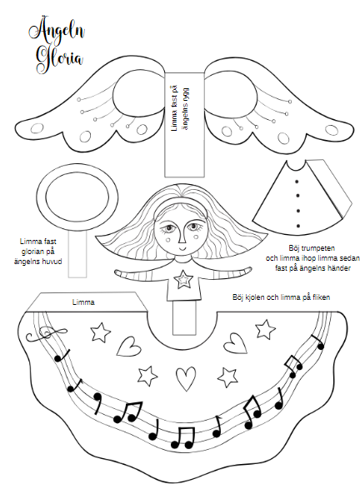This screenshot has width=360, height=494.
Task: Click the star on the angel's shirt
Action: pyautogui.click(x=184, y=279)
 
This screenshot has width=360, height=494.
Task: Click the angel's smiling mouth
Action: pyautogui.click(x=182, y=248)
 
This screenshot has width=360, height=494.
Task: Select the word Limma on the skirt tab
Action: pyautogui.click(x=83, y=302)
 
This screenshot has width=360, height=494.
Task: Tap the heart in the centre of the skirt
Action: pyautogui.click(x=185, y=378)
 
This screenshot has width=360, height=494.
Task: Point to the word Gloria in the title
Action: pyautogui.click(x=60, y=59)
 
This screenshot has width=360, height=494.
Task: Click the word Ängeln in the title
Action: pyautogui.click(x=57, y=32)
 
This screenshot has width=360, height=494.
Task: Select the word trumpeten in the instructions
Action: pyautogui.click(x=317, y=248)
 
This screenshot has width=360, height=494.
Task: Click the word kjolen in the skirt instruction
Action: pyautogui.click(x=255, y=297)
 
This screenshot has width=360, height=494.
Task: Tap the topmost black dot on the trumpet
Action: pyautogui.click(x=297, y=182)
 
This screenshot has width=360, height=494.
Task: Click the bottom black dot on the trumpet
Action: pyautogui.click(x=297, y=226)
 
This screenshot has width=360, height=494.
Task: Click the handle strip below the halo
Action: pyautogui.click(x=77, y=255)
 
